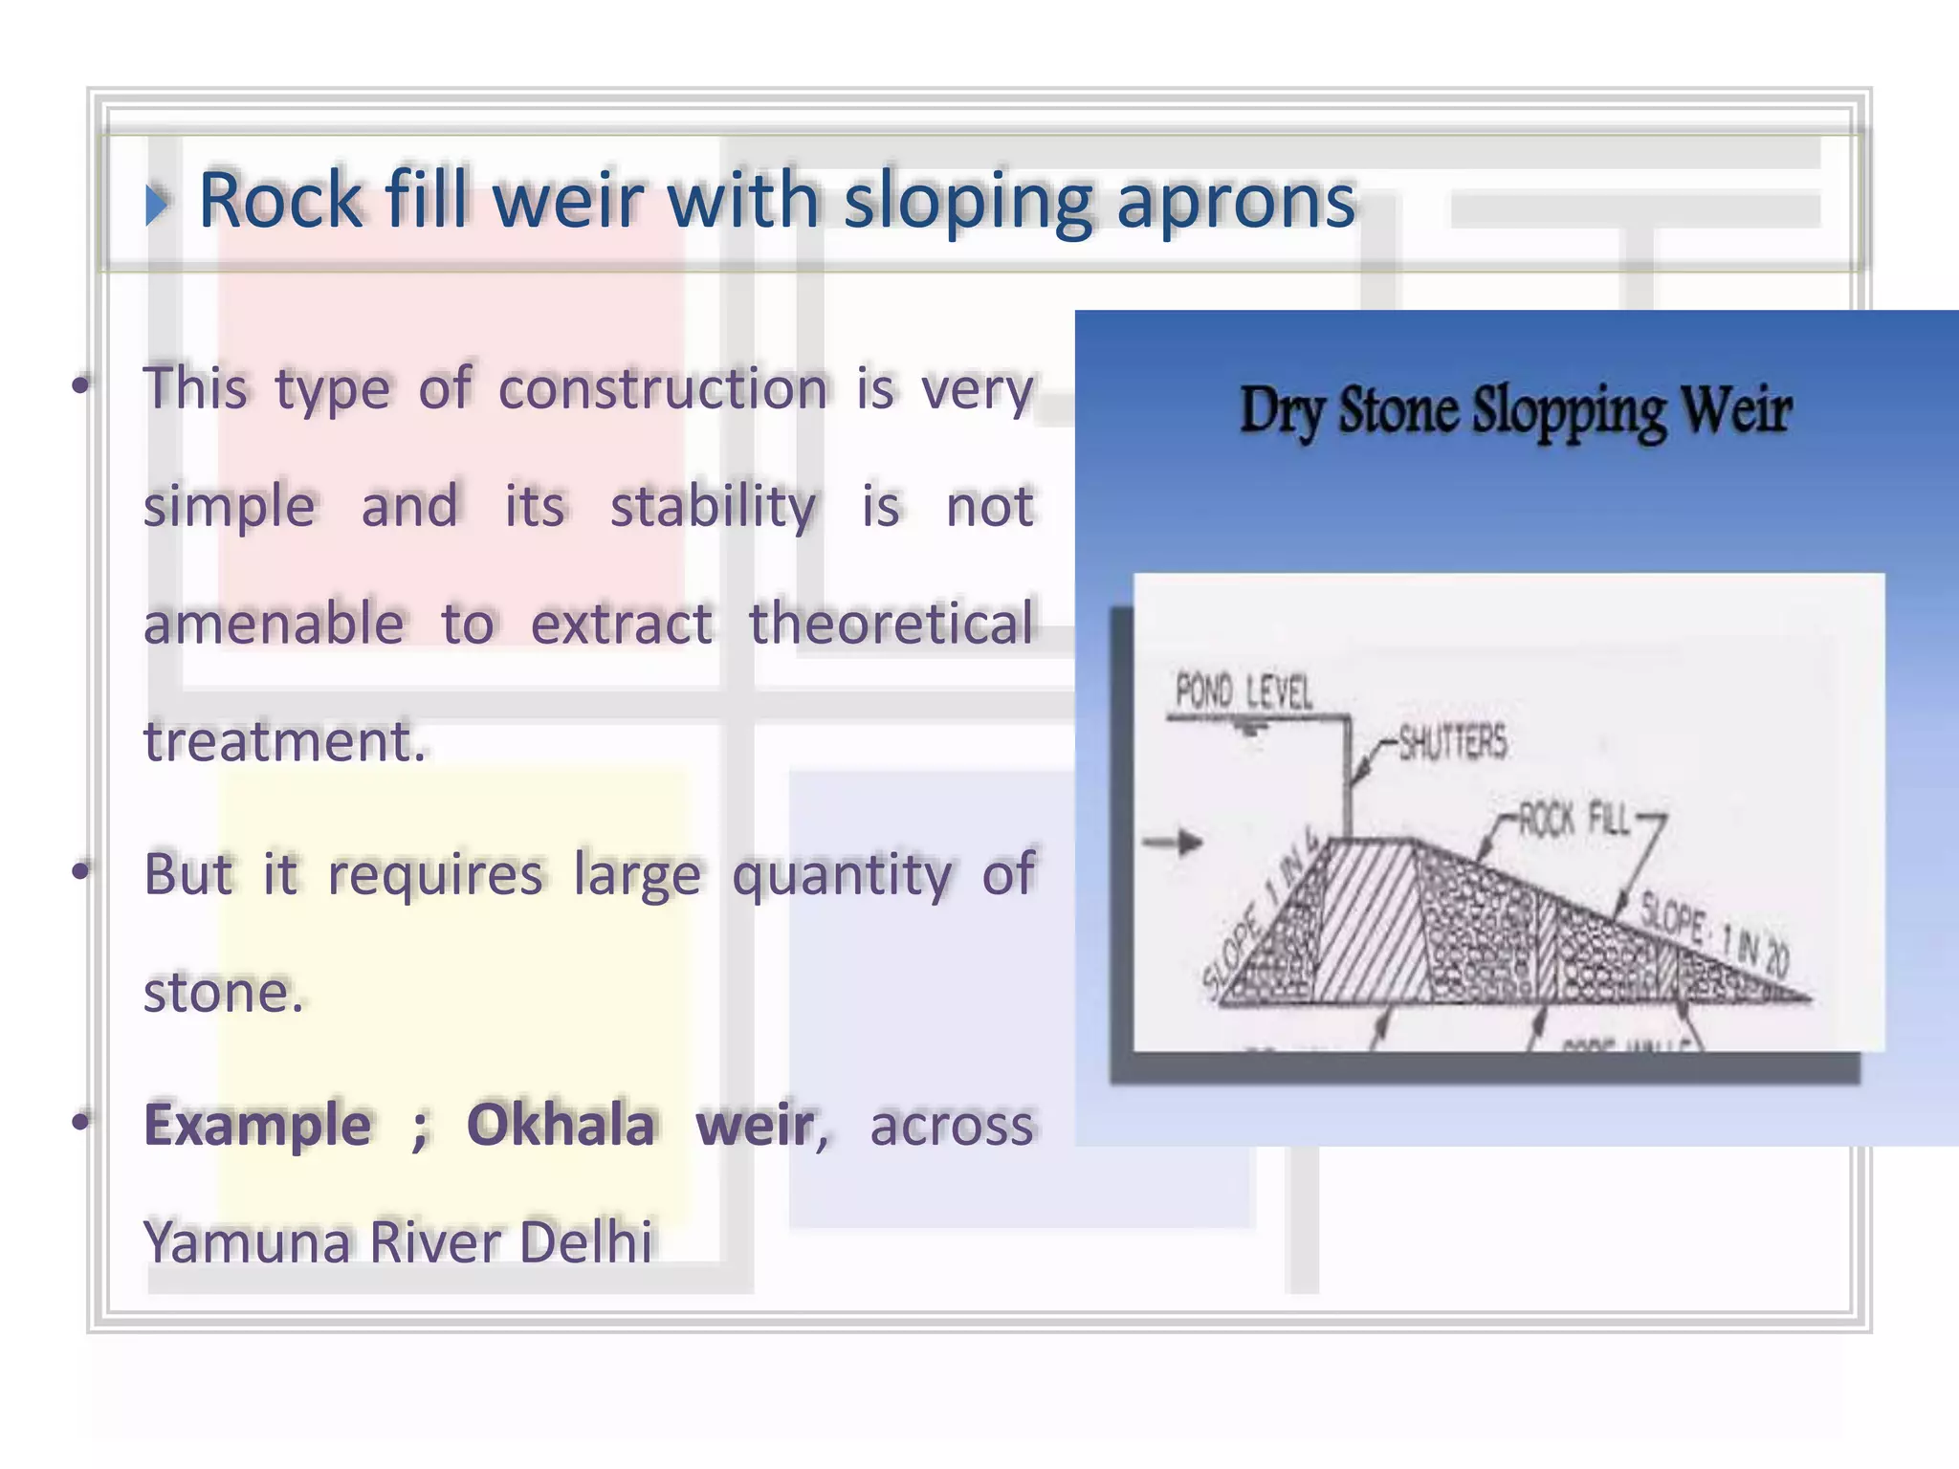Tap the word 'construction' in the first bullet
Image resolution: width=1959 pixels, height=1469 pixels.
663,389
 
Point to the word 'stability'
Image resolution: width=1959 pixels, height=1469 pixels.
713,506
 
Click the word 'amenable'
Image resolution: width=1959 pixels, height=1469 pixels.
274,624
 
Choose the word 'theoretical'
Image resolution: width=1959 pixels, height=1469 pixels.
891,624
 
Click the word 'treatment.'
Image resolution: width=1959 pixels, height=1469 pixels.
284,741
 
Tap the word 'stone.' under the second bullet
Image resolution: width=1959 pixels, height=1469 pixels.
223,993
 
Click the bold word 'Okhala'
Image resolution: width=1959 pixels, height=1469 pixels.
561,1124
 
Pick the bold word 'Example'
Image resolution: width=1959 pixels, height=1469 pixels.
257,1124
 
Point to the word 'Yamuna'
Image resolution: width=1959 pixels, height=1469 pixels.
246,1241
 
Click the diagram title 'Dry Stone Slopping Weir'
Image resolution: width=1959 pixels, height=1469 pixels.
1515,411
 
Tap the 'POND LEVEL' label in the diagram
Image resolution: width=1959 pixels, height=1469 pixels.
1244,691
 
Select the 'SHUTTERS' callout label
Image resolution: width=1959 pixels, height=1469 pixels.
1452,742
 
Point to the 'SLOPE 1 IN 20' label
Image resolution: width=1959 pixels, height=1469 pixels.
1714,932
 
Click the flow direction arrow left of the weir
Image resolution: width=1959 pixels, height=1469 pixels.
1174,843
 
